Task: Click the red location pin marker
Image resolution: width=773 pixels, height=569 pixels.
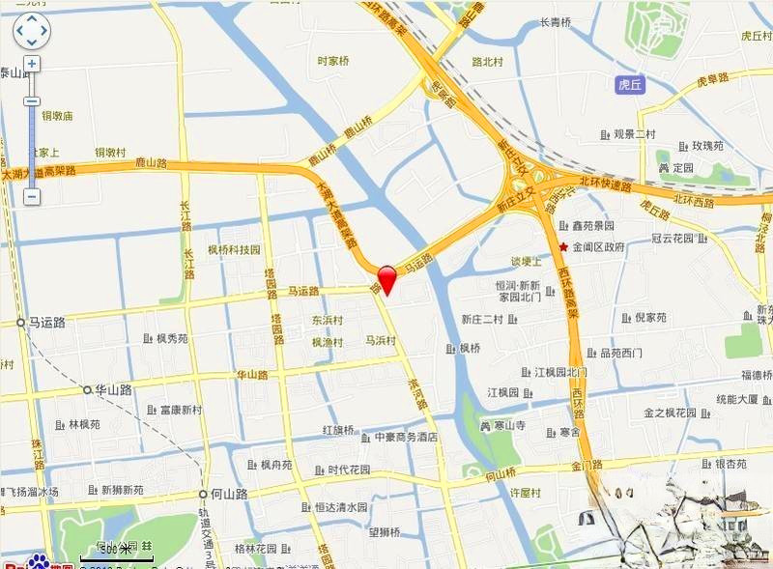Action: [x=386, y=277]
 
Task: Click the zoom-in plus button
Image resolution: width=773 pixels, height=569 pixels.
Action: [x=31, y=64]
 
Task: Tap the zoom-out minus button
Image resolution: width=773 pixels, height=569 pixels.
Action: [x=31, y=196]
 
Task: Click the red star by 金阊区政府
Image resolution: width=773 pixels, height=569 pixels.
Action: [x=563, y=246]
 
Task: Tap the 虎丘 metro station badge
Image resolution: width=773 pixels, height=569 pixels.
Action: [x=630, y=85]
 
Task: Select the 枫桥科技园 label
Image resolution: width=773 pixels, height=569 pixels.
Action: [x=234, y=250]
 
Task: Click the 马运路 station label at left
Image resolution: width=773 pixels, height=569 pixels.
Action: [x=45, y=323]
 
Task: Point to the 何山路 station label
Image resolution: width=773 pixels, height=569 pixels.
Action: [x=229, y=494]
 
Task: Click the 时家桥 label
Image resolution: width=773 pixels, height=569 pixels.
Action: [x=333, y=61]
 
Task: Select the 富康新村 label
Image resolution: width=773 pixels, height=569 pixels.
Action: [x=181, y=410]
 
